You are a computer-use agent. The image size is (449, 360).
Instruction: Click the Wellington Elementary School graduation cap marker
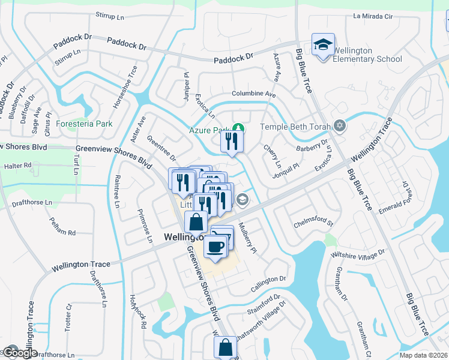pos(324,46)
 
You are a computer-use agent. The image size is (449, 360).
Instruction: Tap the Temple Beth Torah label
pos(297,127)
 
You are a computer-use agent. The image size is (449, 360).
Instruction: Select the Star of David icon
pos(340,126)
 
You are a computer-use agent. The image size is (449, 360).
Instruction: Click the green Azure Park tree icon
pos(239,128)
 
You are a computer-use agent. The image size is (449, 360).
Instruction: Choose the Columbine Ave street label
pos(254,95)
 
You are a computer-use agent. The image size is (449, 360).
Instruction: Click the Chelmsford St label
pos(313,224)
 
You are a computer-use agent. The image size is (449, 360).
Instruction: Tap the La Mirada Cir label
pos(376,16)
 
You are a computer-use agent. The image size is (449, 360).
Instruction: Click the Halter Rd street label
pos(17,166)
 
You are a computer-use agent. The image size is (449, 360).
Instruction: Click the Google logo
pos(20,353)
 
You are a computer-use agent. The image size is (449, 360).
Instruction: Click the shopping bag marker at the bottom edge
pos(225,348)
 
